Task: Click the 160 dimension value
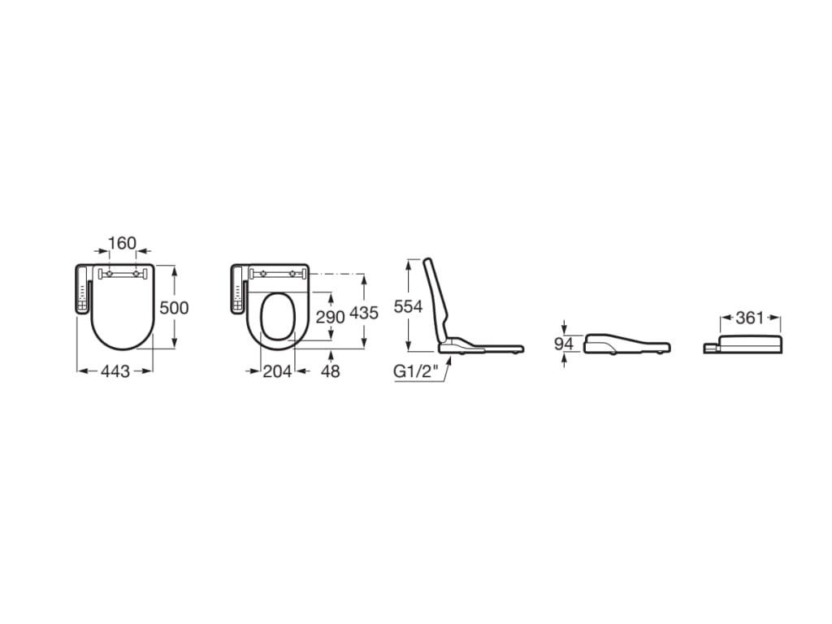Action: coord(122,243)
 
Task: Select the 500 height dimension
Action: coord(174,308)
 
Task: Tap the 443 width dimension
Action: coord(115,371)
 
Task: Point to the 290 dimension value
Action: coord(330,317)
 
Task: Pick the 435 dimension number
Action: coord(364,313)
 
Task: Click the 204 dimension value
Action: coord(277,371)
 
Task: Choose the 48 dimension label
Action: coord(331,371)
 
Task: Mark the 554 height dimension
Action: coord(408,306)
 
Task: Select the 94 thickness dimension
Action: coord(564,344)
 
